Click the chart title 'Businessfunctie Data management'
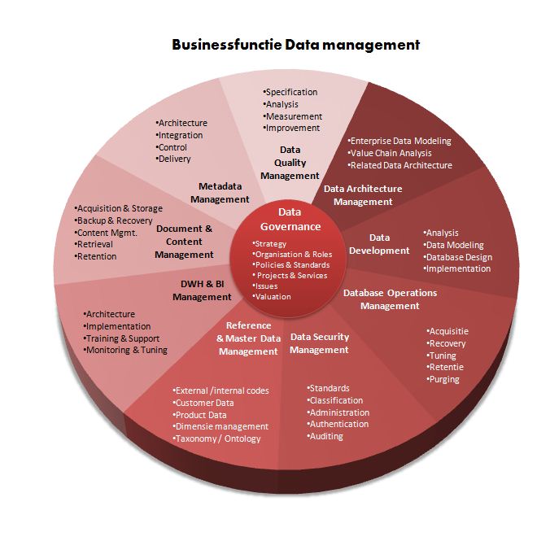pos(295,45)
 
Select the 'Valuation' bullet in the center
pos(273,297)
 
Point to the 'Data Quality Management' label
pos(290,163)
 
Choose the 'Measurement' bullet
pos(293,116)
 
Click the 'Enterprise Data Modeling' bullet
pos(399,141)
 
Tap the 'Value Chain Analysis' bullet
pos(391,153)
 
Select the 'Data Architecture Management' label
pos(363,195)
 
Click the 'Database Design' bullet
pos(459,257)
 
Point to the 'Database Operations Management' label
pos(390,299)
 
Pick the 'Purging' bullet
pos(444,379)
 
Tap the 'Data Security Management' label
pos(320,343)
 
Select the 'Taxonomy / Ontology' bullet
pos(218,438)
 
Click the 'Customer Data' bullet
pos(204,403)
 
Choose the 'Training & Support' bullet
pos(123,338)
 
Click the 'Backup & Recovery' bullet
pos(115,220)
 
